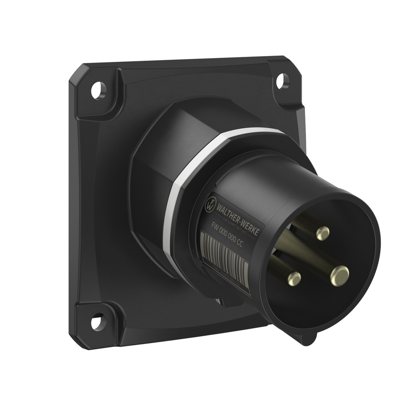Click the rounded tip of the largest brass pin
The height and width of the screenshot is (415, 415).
pos(340,274)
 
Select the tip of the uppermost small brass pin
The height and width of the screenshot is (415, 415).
pos(322,233)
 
